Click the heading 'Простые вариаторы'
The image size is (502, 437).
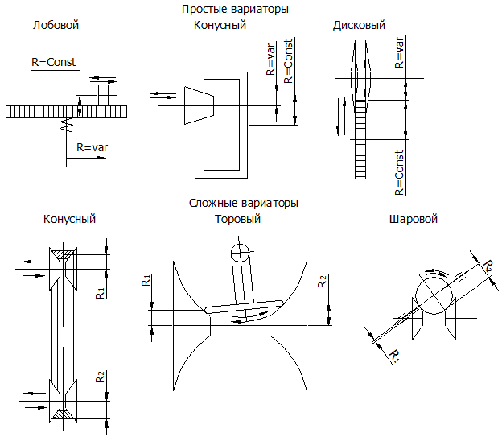(x=235, y=9)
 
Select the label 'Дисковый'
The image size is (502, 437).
(x=359, y=25)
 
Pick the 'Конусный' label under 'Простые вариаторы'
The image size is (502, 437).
(x=220, y=25)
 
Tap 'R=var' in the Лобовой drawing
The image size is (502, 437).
(x=93, y=147)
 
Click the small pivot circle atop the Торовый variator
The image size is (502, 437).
(x=238, y=252)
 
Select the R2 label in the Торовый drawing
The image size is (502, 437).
(x=321, y=282)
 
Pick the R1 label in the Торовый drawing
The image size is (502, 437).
(x=145, y=281)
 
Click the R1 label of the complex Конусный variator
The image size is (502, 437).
(x=98, y=292)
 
